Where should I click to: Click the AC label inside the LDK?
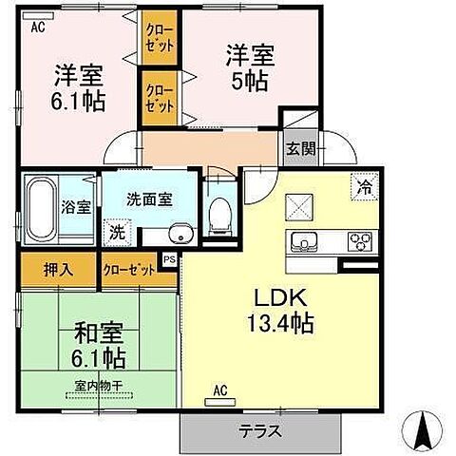tap(219, 389)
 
